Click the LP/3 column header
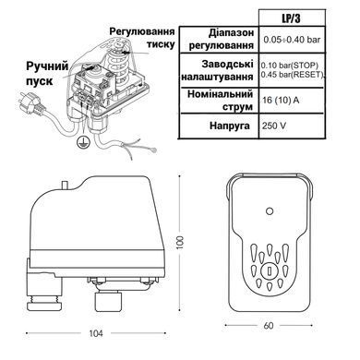(x=291, y=18)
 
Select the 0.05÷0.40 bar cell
(x=292, y=40)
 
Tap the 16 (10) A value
(x=281, y=101)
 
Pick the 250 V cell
(x=274, y=126)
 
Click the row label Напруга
(x=230, y=126)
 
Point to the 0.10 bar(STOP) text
(x=289, y=66)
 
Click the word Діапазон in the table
(x=232, y=32)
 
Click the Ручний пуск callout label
(x=47, y=74)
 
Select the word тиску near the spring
(x=161, y=44)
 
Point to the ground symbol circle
(x=82, y=141)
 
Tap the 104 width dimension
(x=96, y=333)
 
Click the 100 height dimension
(x=180, y=243)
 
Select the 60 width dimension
(x=269, y=326)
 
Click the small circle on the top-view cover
(x=270, y=211)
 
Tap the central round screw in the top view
(x=270, y=271)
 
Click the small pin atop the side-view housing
(x=66, y=186)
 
